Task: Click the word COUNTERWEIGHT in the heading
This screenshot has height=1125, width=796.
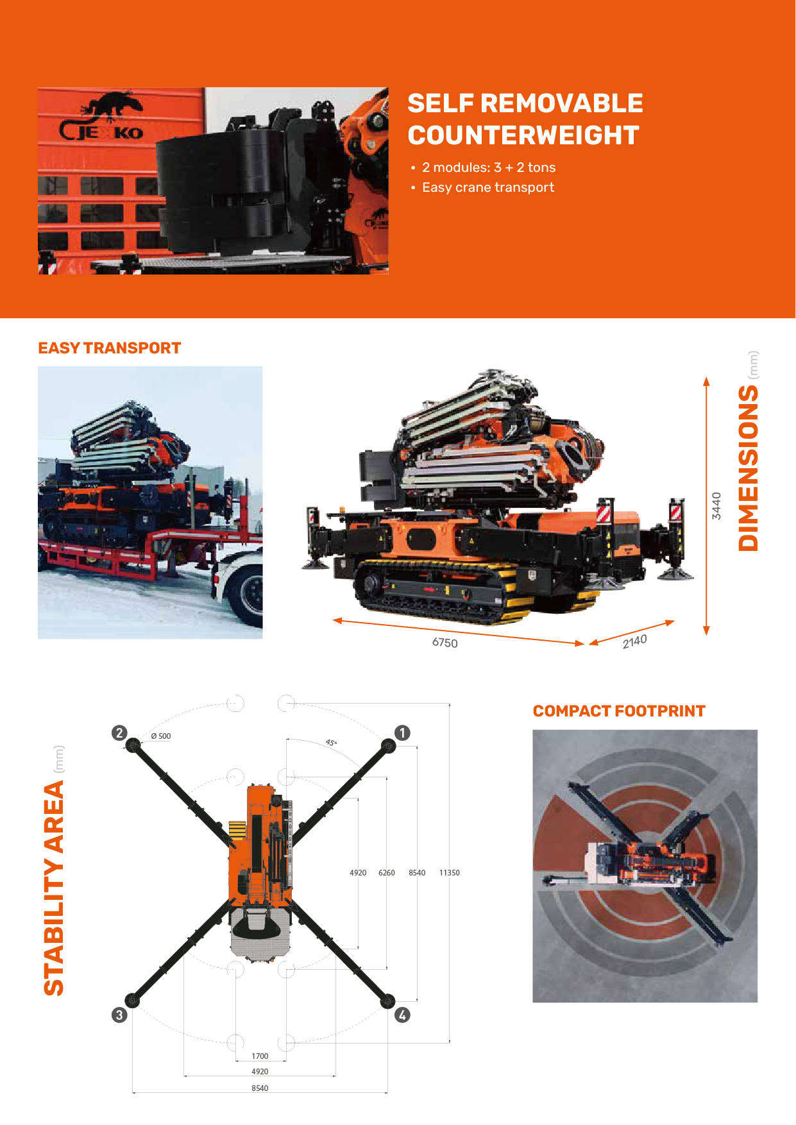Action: click(523, 135)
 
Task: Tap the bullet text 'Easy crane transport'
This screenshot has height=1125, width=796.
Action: click(488, 187)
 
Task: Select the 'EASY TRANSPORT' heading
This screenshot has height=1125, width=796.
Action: click(110, 348)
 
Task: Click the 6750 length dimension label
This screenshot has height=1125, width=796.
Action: click(445, 643)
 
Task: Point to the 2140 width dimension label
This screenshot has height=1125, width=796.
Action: click(634, 641)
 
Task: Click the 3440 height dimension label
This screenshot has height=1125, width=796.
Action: click(716, 506)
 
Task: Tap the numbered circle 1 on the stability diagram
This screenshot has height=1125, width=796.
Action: click(402, 732)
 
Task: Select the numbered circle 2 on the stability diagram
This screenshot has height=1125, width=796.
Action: click(119, 732)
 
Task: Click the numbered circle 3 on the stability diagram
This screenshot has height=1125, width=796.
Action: click(119, 1015)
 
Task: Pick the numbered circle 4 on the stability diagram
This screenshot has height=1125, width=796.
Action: click(402, 1015)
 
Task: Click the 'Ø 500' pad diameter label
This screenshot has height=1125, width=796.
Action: click(161, 736)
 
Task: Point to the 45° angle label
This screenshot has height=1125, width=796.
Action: click(331, 743)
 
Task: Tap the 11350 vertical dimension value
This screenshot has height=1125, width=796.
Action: click(450, 873)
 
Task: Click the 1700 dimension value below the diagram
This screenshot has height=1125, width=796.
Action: click(260, 1056)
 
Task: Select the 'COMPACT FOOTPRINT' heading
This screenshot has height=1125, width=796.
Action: click(619, 711)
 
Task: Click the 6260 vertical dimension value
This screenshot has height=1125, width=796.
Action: click(387, 873)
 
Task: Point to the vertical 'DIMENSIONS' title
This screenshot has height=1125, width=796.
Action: click(748, 468)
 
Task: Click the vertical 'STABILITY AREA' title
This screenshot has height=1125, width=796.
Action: click(54, 888)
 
